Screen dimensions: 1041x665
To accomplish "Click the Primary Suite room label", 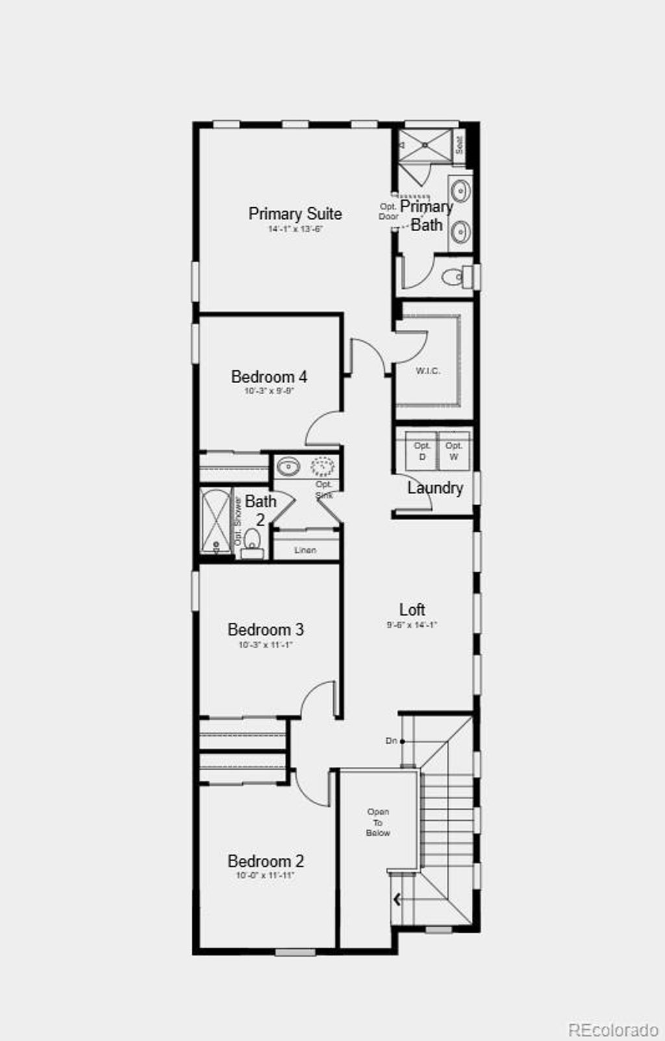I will [295, 214].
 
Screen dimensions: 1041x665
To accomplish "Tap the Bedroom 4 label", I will [269, 377].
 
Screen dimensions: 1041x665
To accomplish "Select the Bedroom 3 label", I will [266, 629].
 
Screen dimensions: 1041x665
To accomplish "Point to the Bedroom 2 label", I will [266, 861].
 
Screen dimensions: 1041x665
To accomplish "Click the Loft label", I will [412, 609].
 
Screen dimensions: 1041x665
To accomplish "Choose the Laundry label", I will [435, 488].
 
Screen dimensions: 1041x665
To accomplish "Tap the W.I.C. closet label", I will [428, 371].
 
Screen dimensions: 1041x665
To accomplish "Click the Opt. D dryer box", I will [422, 451].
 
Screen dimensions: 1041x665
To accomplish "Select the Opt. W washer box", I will [454, 451].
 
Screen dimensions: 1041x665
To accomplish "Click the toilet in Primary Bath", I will [452, 277].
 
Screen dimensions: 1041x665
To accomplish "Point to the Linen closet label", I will [305, 550].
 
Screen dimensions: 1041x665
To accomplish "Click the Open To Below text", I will [378, 822].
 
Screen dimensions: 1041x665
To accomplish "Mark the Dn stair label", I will [391, 741].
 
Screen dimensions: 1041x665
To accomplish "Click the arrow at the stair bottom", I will [397, 899].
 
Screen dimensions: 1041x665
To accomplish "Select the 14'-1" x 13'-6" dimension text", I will [295, 229].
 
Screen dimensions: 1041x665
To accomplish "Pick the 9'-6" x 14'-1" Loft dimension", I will [412, 625].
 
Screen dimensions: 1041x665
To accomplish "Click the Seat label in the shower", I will [459, 144].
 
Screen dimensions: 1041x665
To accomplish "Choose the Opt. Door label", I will [388, 212].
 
